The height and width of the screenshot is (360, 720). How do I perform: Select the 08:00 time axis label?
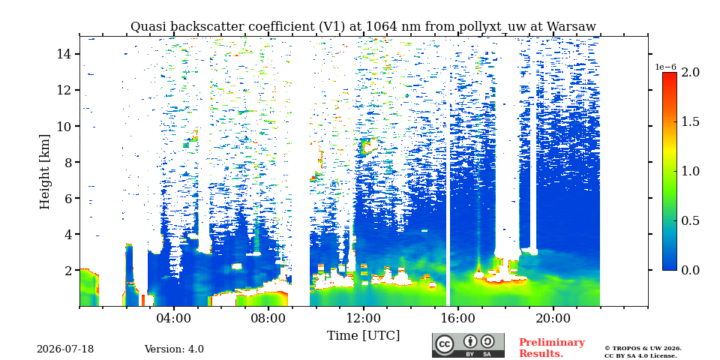point(268,318)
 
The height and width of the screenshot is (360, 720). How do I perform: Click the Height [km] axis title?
point(44,172)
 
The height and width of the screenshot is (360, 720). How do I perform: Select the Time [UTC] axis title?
point(363,335)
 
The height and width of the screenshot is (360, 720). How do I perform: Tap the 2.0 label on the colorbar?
point(690,72)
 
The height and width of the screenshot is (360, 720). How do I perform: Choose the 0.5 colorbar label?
point(690,220)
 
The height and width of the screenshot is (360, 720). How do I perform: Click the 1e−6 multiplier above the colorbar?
point(665,67)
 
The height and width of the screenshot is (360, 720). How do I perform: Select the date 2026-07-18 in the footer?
point(65,349)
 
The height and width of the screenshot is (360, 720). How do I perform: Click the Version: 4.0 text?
point(174,349)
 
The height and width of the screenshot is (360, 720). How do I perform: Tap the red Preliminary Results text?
point(552,348)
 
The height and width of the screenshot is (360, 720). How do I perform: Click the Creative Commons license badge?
point(468,345)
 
